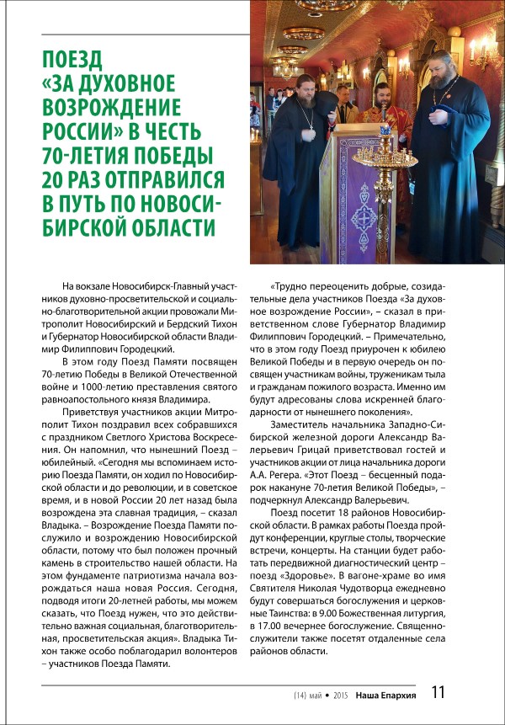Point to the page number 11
(438, 694)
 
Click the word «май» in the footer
(317, 696)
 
